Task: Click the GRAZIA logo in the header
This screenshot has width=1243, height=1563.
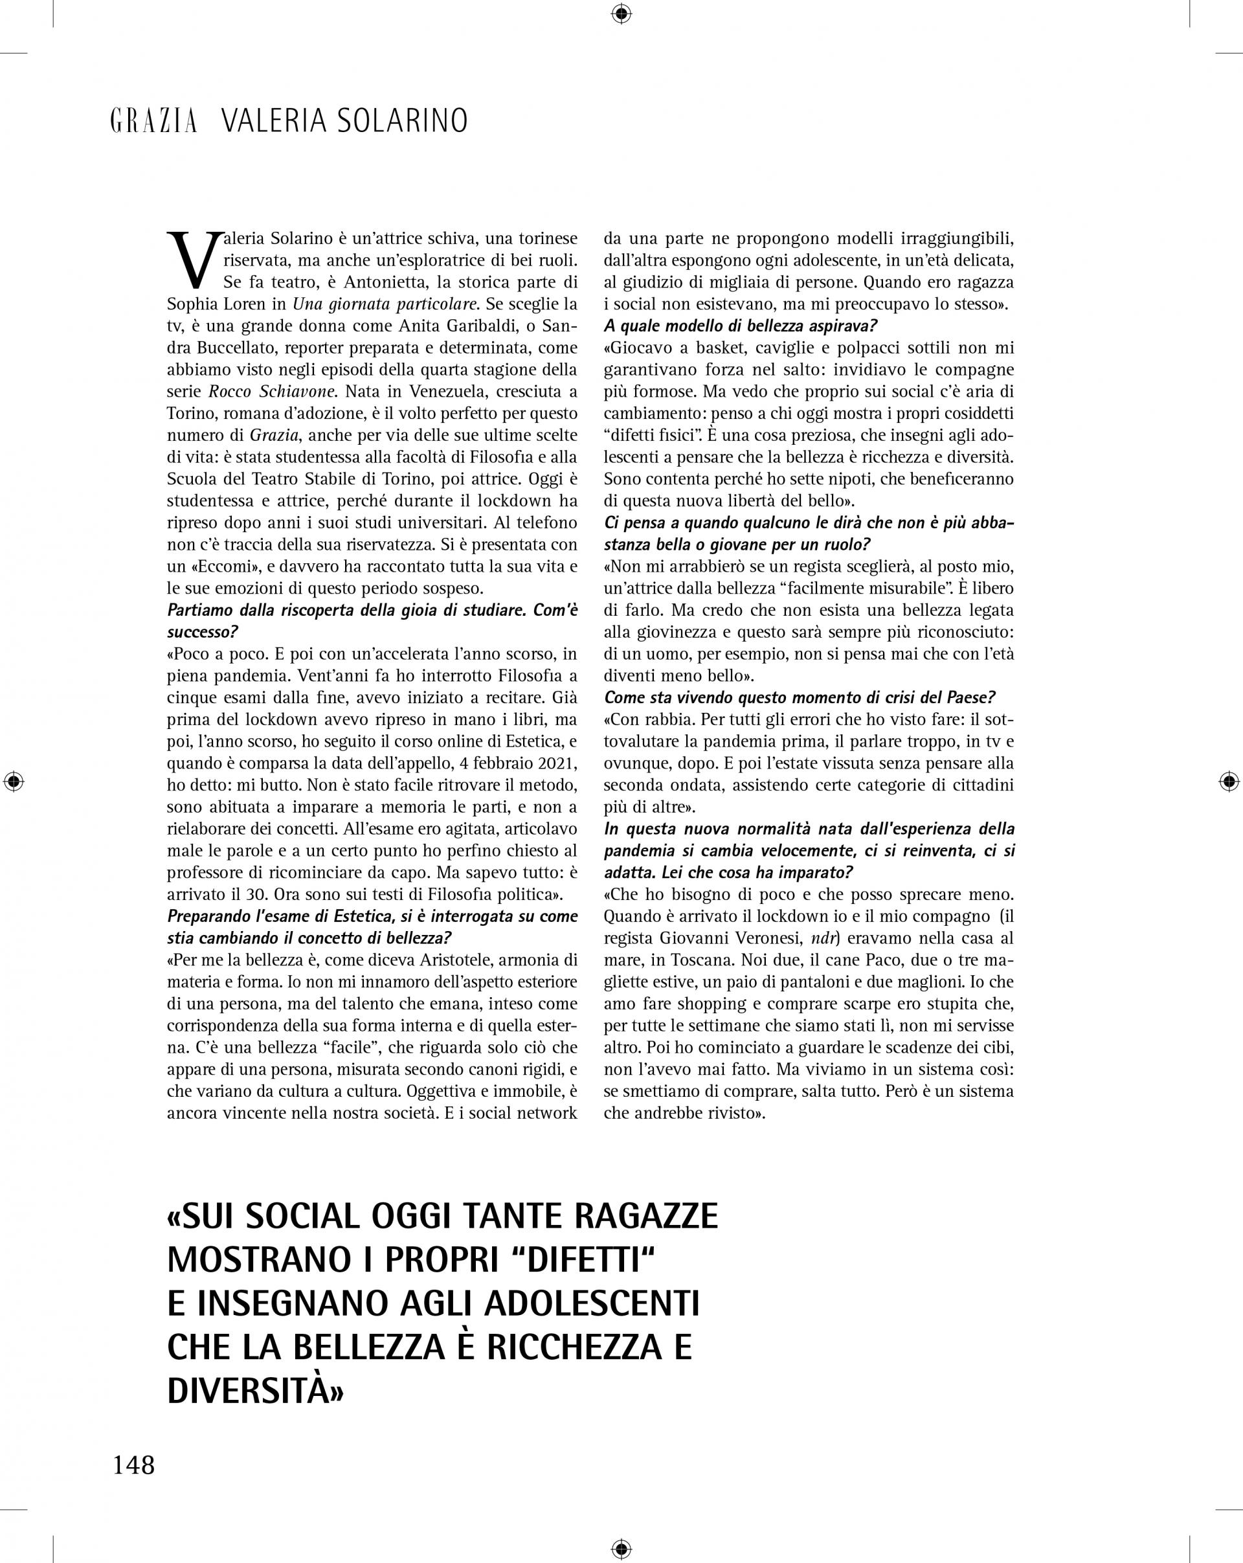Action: (153, 121)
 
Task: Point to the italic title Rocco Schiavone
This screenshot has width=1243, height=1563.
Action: (273, 392)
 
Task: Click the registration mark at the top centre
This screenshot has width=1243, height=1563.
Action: (621, 13)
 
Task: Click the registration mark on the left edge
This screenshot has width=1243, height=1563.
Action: (13, 781)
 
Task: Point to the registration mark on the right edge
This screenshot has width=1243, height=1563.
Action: (1229, 781)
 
